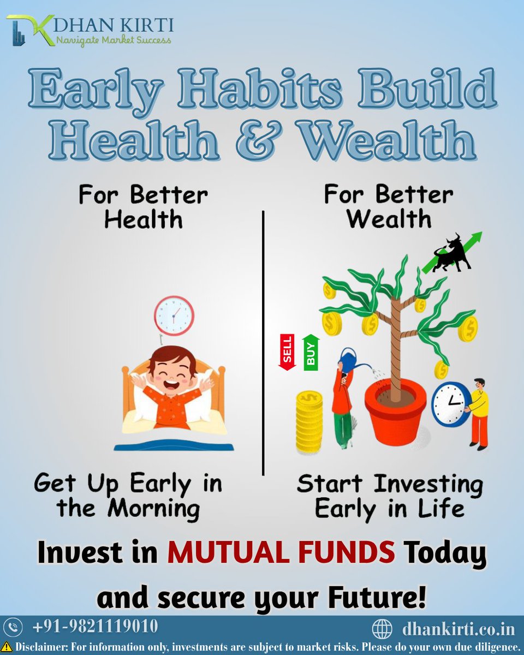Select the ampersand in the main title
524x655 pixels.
click(267, 140)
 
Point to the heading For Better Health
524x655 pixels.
click(143, 207)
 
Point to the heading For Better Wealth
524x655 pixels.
click(389, 207)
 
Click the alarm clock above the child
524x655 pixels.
click(174, 315)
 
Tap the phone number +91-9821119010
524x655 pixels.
click(96, 626)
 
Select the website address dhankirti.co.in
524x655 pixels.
click(458, 628)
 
